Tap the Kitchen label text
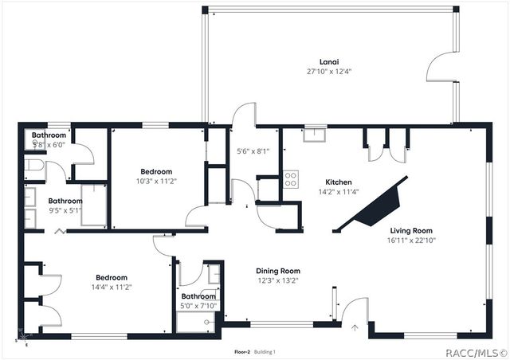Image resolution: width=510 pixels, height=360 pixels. tap(338, 182)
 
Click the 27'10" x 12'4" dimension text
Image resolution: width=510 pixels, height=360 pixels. tap(329, 71)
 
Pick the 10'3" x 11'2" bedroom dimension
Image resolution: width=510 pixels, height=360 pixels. tap(156, 181)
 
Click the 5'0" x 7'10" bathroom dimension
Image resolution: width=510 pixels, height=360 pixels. tap(199, 306)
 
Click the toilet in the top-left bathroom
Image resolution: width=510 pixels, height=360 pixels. tap(33, 166)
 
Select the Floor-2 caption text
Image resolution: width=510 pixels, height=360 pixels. tap(242, 351)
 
